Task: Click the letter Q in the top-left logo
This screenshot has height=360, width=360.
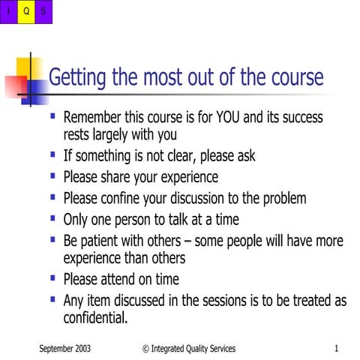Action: coord(26,10)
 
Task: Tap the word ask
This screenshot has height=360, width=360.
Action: coord(244,157)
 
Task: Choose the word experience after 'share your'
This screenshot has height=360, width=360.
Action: coord(183,177)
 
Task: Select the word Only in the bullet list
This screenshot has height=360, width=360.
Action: coord(76,219)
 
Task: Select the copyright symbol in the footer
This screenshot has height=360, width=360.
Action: coord(145,348)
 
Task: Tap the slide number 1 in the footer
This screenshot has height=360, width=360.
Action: coord(337,348)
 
